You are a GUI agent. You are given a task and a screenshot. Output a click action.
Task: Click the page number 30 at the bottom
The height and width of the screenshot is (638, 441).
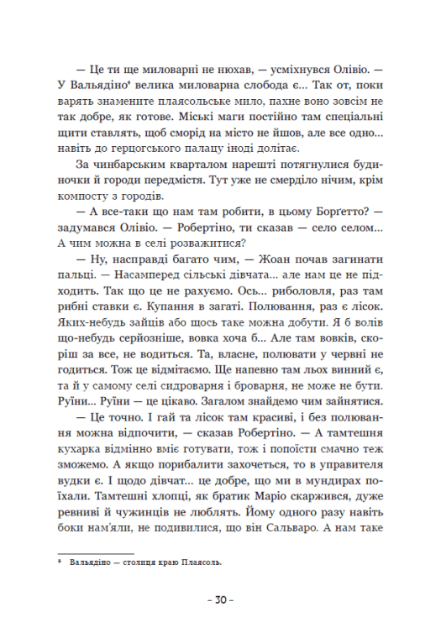[x=220, y=601]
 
